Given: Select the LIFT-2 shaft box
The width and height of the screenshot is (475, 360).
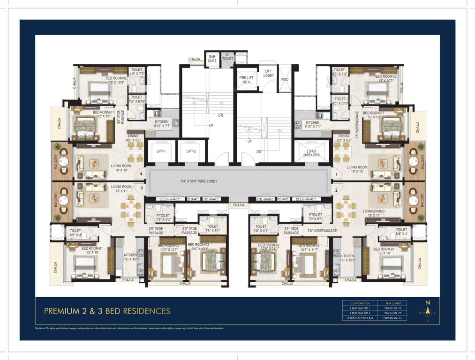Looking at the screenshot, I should pyautogui.click(x=191, y=151).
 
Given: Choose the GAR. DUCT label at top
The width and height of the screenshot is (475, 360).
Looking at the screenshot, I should pyautogui.click(x=212, y=59).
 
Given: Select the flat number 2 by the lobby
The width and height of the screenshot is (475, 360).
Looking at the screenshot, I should pyautogui.click(x=336, y=190).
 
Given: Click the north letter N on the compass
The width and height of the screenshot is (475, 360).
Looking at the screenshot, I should pyautogui.click(x=427, y=303).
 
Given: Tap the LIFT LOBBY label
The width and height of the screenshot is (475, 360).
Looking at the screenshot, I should pyautogui.click(x=268, y=73).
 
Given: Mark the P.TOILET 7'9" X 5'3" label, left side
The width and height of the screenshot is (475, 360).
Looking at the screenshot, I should pyautogui.click(x=166, y=217).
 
